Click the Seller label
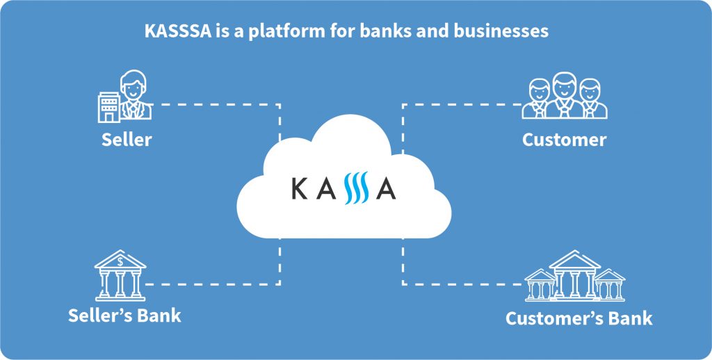pyautogui.click(x=127, y=139)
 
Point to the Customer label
pyautogui.click(x=564, y=140)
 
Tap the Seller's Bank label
pyautogui.click(x=124, y=316)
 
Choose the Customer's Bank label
pyautogui.click(x=578, y=319)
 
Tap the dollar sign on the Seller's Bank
pyautogui.click(x=121, y=261)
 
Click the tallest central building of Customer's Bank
pyautogui.click(x=574, y=275)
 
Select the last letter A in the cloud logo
pyautogui.click(x=386, y=188)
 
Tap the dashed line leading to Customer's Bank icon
pyautogui.click(x=459, y=284)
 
